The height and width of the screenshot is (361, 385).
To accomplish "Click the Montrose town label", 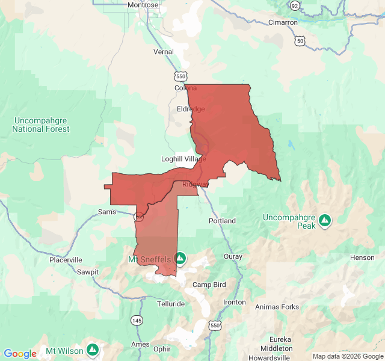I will pos(143,5).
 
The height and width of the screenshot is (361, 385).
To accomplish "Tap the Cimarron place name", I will pos(283,22).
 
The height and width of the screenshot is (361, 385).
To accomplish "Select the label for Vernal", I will pos(164,52).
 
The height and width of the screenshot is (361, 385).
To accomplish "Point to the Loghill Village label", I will pos(183,159).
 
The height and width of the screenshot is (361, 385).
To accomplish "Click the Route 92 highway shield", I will pos(294,5).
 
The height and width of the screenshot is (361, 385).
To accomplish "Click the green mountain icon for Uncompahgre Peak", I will pos(325,220).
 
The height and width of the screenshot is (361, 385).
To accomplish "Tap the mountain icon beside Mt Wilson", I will pos(92,349).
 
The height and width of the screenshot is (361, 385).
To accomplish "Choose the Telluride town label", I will pos(171,304).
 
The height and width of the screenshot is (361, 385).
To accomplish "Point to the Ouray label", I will pos(233,257).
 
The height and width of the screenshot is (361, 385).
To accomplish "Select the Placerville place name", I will pos(66,260).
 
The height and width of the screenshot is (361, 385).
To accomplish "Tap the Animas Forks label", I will pos(277,307).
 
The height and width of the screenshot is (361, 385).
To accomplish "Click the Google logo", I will pos(20,354).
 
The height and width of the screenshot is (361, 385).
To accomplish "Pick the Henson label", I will pos(363,258).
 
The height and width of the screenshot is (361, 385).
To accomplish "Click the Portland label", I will pos(222,221).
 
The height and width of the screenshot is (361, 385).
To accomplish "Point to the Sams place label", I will pos(107,212).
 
